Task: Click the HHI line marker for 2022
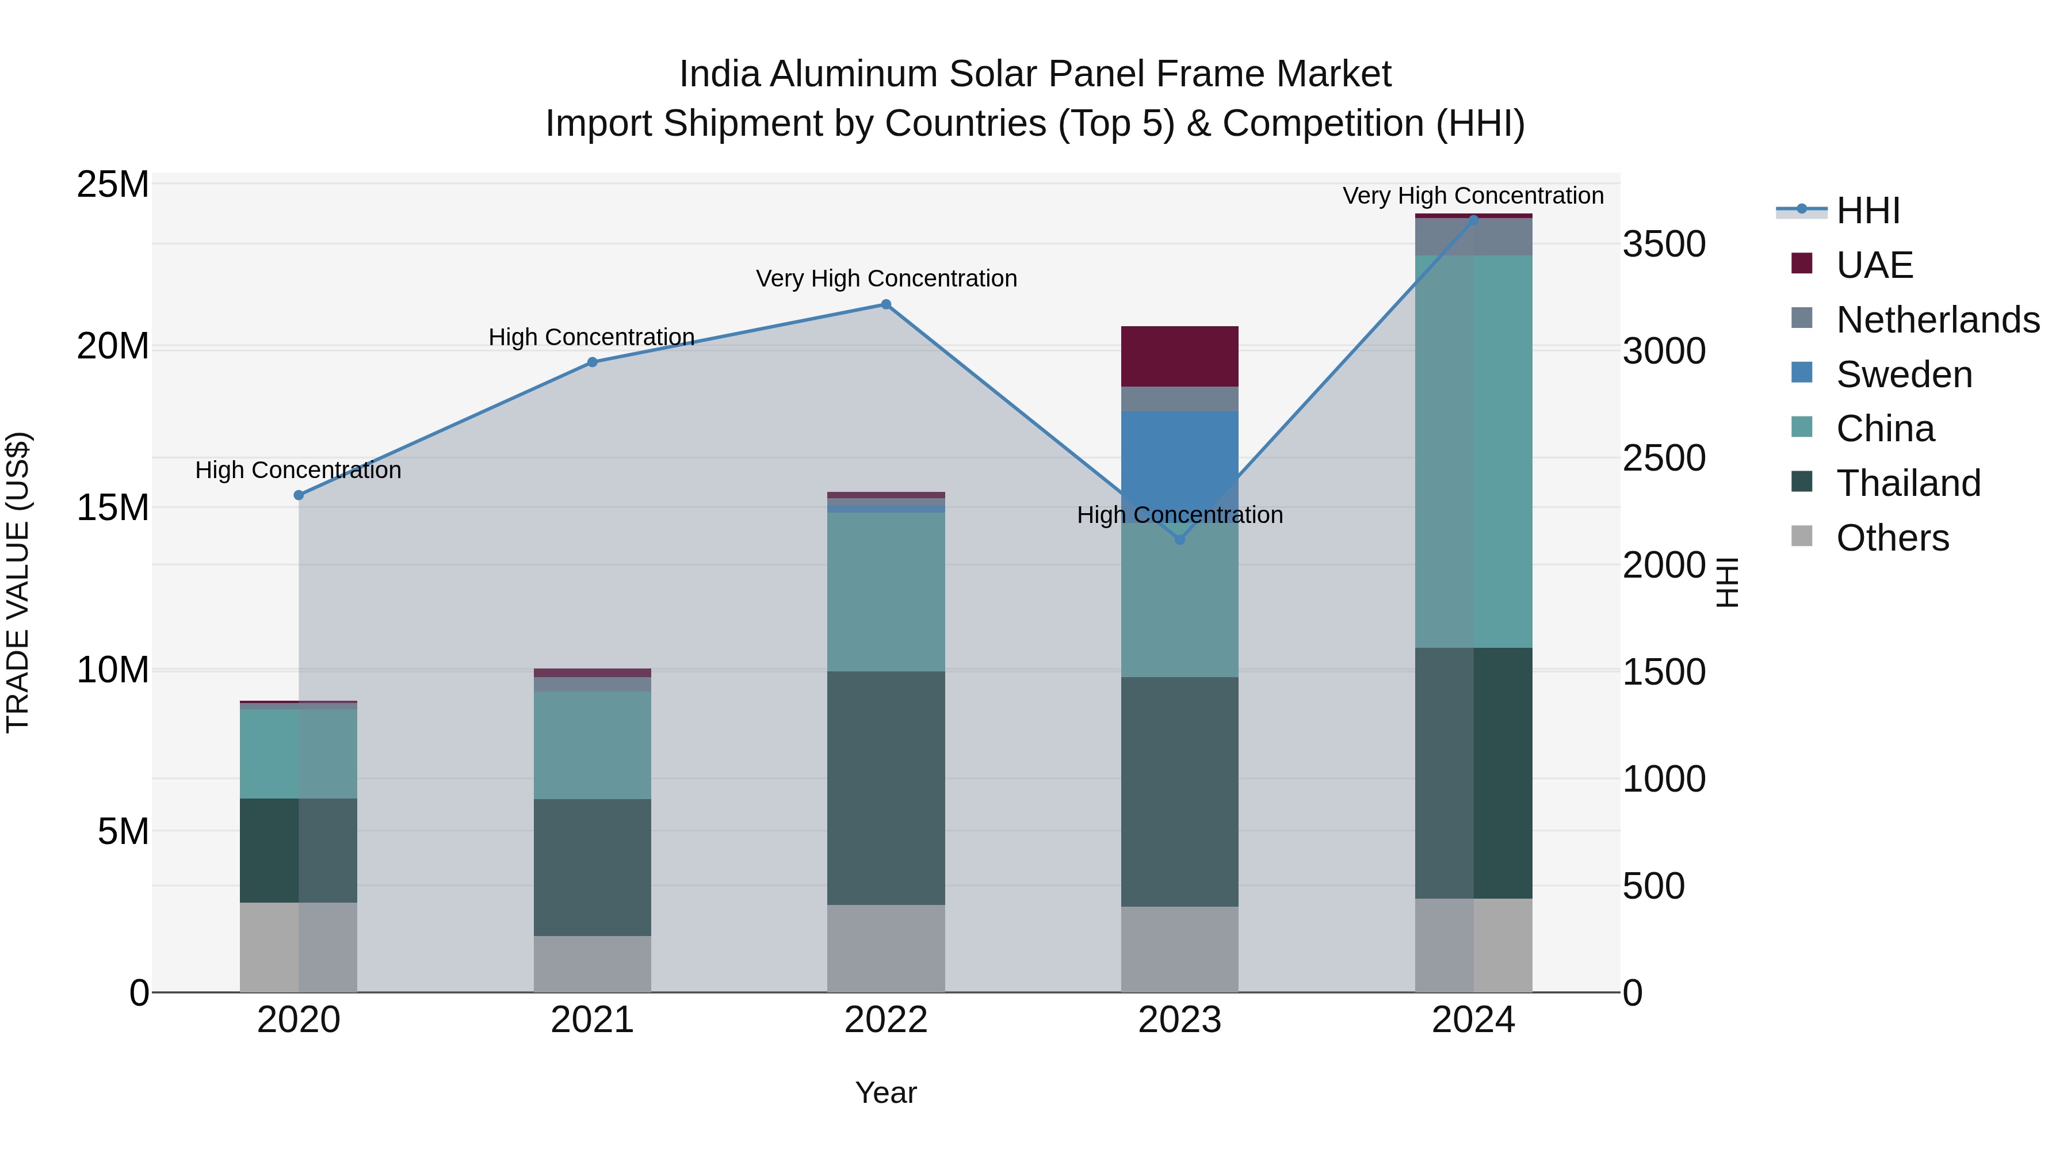[886, 305]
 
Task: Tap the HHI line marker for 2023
[1179, 540]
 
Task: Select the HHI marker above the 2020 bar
[298, 495]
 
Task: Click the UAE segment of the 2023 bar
[1179, 356]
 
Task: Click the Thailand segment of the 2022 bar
[886, 788]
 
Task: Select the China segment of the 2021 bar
[592, 744]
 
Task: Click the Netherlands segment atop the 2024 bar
[1473, 237]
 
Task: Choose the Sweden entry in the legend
[1904, 375]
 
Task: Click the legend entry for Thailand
[1908, 483]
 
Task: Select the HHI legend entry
[1867, 211]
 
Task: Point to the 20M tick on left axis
[113, 346]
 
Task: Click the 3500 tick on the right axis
[1663, 245]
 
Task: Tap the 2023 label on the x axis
[1179, 1020]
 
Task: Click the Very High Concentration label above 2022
[886, 278]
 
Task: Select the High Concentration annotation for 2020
[297, 471]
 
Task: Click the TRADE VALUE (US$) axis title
[18, 582]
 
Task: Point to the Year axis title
[886, 1093]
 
